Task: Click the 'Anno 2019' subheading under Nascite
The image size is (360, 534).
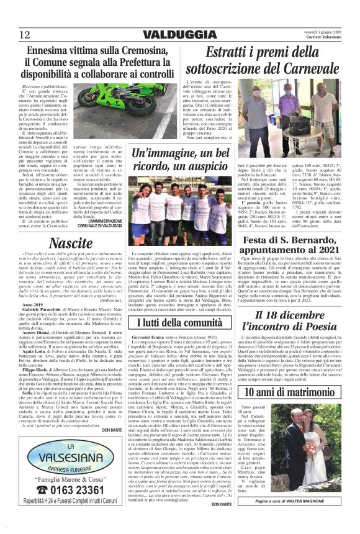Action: tap(34, 305)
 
